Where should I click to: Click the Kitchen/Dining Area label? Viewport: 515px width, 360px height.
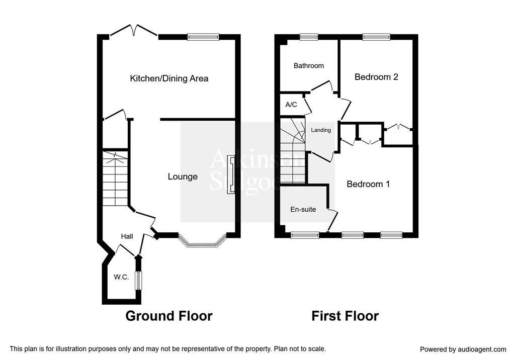pos(169,78)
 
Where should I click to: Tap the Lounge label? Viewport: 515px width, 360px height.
pos(183,176)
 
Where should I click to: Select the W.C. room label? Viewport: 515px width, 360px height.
pos(121,277)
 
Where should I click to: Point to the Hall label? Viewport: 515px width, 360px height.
pos(127,236)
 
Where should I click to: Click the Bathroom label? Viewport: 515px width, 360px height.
pos(309,66)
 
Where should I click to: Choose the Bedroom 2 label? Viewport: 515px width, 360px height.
pos(376,77)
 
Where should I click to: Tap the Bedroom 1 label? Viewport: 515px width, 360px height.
pos(368,184)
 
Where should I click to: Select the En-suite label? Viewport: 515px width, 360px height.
pos(303,209)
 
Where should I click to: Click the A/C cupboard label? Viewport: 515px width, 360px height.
pos(291,105)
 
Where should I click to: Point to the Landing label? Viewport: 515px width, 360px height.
pos(321,130)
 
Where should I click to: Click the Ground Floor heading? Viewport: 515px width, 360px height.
pos(169,316)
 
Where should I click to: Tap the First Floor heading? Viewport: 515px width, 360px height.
pos(345,316)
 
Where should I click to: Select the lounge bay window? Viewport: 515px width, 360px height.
pos(202,241)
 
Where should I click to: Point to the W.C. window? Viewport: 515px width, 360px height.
pos(139,281)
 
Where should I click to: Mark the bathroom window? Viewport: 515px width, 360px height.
pos(309,37)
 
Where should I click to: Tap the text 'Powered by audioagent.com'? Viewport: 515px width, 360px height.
pos(463,349)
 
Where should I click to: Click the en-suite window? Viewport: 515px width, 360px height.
pos(305,235)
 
